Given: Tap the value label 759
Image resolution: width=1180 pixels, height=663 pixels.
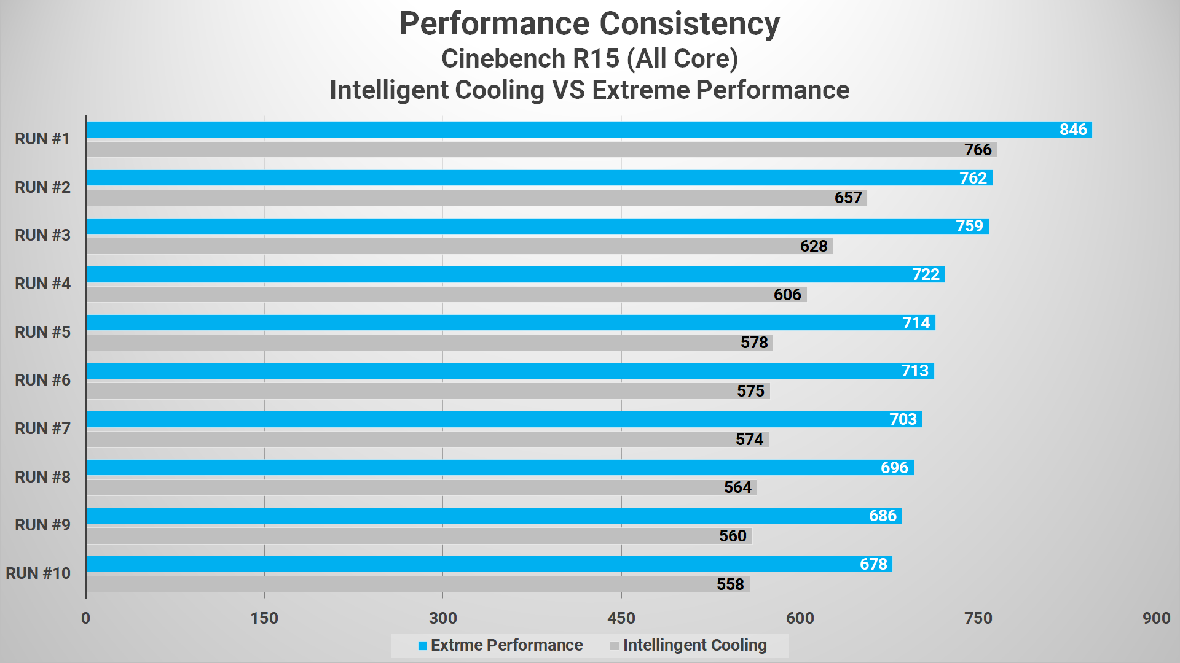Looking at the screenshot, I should (x=969, y=226).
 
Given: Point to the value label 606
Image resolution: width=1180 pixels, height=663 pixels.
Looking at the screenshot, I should (x=787, y=295).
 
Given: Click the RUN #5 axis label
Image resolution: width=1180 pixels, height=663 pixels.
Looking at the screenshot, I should (x=42, y=332).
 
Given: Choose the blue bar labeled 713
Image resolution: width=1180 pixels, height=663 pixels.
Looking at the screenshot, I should (x=492, y=371).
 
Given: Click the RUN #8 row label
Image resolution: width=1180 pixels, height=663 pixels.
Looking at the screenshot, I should (x=42, y=477).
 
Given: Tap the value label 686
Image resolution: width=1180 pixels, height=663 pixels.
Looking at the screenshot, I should (x=883, y=516).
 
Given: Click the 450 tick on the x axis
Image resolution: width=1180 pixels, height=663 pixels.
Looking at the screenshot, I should (x=621, y=618).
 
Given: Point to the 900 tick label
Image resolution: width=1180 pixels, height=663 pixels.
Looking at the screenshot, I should (x=1156, y=618).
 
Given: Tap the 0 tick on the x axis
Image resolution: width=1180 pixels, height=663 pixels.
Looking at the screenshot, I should (x=86, y=618).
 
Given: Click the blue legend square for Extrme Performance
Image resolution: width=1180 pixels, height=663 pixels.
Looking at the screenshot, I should (x=422, y=646).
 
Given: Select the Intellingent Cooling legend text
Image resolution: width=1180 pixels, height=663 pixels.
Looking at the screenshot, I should (x=694, y=645).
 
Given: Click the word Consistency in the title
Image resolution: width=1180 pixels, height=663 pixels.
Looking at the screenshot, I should (x=689, y=25).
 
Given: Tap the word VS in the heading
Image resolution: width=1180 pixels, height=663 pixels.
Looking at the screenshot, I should (x=568, y=90).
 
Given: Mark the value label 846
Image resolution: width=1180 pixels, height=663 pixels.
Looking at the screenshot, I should (x=1073, y=130).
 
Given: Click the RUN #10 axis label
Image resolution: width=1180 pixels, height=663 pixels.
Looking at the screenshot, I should (x=38, y=573).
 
